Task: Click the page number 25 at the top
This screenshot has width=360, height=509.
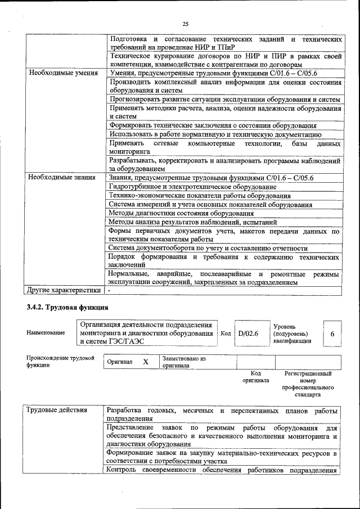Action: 185,23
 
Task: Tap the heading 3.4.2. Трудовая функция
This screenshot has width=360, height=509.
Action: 67,308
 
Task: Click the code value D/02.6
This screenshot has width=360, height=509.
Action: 248,334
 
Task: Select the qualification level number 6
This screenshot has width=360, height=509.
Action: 332,334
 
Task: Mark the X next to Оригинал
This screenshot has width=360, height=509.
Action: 145,362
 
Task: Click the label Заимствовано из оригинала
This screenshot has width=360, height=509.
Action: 184,361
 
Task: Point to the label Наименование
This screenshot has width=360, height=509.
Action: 46,333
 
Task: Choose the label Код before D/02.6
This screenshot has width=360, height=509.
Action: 226,334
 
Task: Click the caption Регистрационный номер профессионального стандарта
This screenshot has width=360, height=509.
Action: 308,384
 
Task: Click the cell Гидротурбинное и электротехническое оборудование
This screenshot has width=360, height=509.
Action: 192,187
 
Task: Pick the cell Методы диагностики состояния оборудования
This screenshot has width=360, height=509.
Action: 181,213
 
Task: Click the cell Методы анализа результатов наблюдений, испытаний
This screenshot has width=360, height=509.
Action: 193,222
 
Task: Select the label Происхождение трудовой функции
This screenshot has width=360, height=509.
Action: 60,361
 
